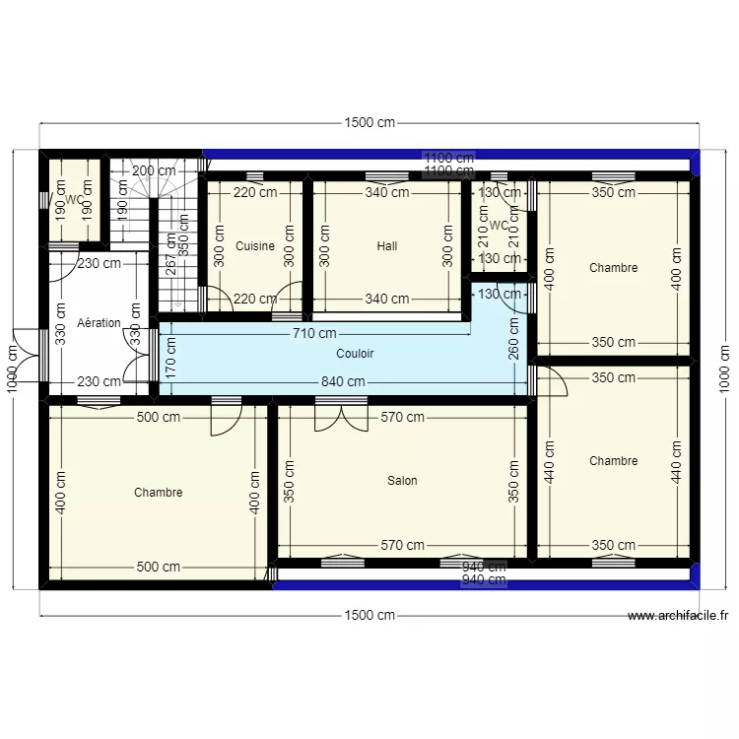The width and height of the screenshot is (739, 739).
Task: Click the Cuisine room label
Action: [255, 246]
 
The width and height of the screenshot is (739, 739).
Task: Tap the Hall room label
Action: [387, 246]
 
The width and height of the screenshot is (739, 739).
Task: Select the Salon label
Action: [402, 481]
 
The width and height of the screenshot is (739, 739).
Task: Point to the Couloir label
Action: [355, 353]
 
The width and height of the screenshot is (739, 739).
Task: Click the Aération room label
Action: [99, 323]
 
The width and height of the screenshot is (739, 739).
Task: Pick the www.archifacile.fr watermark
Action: [678, 616]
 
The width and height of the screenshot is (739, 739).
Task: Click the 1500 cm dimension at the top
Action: [369, 123]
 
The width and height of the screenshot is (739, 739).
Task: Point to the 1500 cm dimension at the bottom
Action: [369, 616]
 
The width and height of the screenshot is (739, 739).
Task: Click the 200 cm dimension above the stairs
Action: [154, 170]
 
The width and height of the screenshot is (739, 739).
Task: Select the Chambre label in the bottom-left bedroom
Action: [159, 493]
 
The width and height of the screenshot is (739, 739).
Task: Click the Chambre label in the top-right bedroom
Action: [613, 268]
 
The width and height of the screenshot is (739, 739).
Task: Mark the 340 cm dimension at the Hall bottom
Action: [386, 299]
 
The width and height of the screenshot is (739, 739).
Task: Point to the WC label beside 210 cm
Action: [499, 226]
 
